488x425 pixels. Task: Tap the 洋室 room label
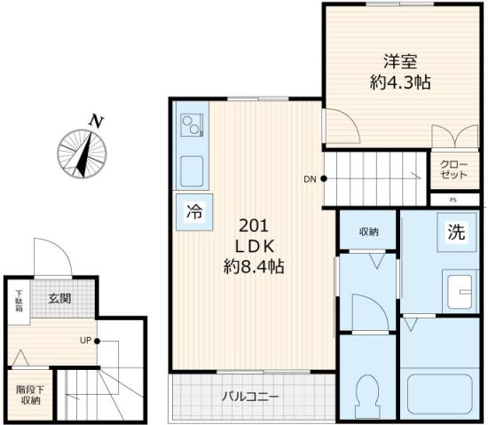click(x=401, y=63)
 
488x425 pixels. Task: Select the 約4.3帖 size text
click(x=400, y=84)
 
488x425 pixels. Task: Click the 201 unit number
click(x=251, y=224)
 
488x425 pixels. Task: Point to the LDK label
click(x=252, y=245)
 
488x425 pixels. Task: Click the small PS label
click(x=453, y=201)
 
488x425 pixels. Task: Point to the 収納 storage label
click(x=369, y=232)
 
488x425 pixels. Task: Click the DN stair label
click(x=310, y=179)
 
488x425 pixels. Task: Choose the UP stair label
click(x=85, y=341)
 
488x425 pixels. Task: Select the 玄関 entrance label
click(x=59, y=299)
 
